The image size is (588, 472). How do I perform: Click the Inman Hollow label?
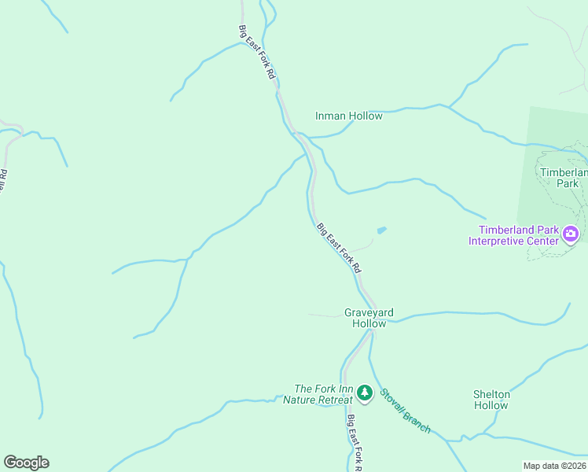[349, 116]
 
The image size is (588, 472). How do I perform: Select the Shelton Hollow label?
[491, 400]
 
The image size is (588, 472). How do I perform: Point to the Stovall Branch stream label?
[405, 410]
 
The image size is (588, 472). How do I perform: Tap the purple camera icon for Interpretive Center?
[571, 234]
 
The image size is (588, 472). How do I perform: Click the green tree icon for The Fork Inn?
[364, 391]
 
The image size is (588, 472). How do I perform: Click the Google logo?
[26, 463]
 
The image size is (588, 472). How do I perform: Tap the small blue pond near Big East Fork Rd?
[381, 230]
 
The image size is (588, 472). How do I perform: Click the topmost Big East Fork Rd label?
[256, 50]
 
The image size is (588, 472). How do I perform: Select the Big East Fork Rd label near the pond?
[339, 248]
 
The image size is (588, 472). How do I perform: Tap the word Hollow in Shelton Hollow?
[491, 406]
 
